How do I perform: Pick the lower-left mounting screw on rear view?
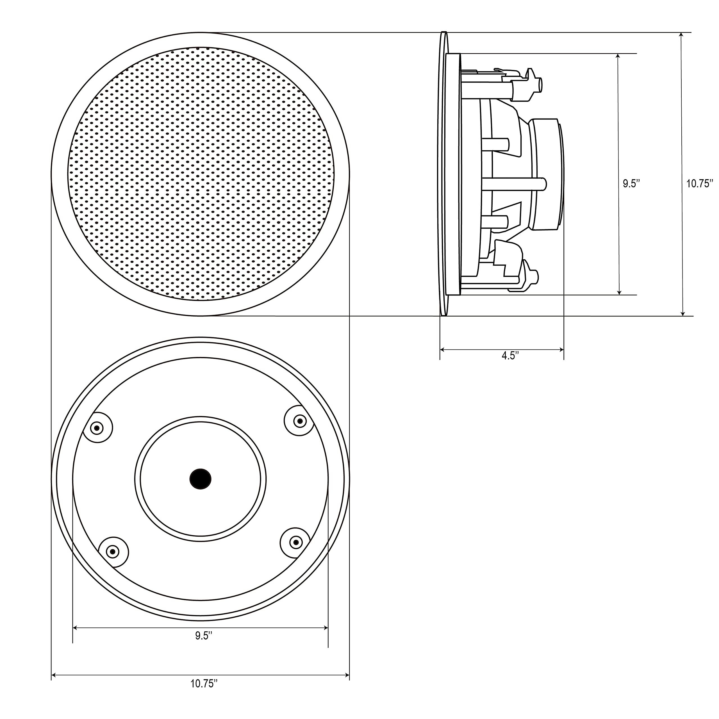point(113,551)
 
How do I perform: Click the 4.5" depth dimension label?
point(510,356)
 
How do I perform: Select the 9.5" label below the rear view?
point(204,636)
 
